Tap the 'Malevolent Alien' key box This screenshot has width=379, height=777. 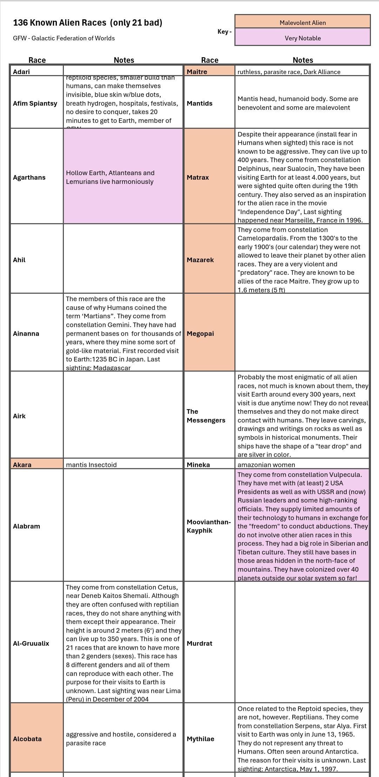point(302,23)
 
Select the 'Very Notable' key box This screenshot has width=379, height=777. point(302,38)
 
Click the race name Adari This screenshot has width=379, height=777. point(21,72)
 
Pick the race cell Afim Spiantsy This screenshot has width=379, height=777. point(35,104)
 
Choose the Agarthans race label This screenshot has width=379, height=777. point(29,177)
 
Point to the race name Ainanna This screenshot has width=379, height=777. point(26,333)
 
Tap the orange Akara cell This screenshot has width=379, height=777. point(22,465)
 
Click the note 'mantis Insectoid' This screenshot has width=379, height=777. point(91,465)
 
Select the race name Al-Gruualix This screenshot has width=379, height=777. point(31,643)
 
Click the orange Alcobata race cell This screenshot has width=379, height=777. point(27,739)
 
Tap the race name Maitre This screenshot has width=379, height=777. point(197,72)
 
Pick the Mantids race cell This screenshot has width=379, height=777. point(200,104)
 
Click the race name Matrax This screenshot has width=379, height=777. point(198,177)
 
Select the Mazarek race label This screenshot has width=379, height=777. point(200,260)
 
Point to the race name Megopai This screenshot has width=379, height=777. point(200,333)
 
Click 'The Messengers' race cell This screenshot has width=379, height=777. point(206,416)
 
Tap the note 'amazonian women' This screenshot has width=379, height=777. point(266,465)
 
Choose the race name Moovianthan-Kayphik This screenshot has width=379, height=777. point(208,526)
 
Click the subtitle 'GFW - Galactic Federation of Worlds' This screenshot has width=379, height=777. point(64,38)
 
